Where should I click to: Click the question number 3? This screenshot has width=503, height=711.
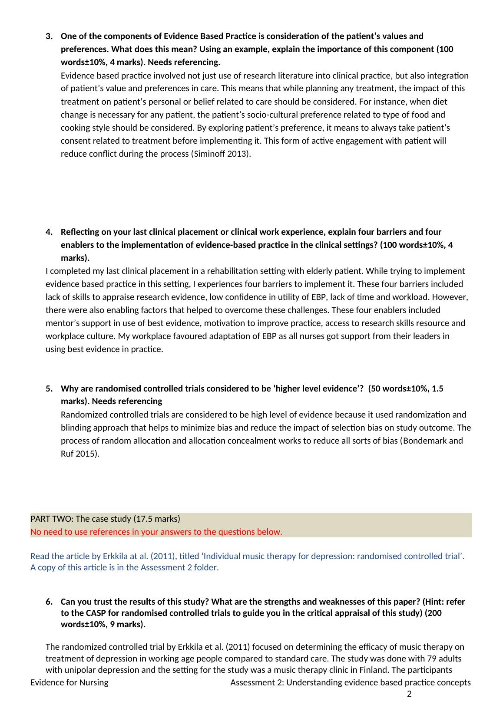48,36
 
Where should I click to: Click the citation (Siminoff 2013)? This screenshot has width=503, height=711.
221,154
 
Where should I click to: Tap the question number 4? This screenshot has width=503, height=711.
48,232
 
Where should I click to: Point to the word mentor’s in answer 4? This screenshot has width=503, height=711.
60,323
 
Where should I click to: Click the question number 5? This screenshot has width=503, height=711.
48,388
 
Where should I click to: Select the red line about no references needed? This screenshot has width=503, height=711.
156,532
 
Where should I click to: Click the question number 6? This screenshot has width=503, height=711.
48,602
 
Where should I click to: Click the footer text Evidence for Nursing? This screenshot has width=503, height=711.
69,682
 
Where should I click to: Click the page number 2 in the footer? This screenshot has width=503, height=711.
409,694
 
